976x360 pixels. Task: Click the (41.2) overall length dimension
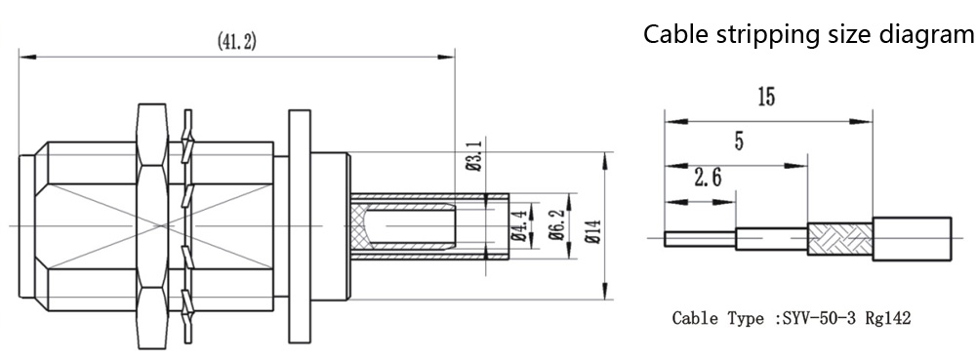[236, 42]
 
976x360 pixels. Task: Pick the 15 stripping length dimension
[766, 98]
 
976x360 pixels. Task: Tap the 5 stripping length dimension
[738, 141]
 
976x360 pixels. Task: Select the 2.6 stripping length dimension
[708, 179]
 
